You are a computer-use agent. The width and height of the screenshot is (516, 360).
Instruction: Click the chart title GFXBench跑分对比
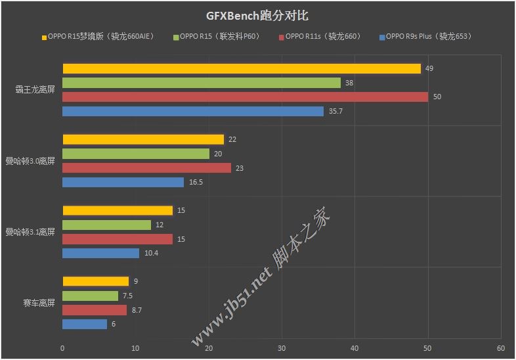[258, 16]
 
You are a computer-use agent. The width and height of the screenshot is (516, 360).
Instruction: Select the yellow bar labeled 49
[241, 68]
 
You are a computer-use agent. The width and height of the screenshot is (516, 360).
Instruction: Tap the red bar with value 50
[245, 97]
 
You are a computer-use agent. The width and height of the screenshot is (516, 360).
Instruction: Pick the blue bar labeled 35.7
[193, 111]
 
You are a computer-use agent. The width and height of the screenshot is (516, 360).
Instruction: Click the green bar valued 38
[201, 83]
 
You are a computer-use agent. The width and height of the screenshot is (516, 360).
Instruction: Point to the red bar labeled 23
[146, 168]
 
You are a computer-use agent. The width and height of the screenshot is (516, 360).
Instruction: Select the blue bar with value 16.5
[123, 182]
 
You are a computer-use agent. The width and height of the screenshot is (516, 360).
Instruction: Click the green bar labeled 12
[106, 225]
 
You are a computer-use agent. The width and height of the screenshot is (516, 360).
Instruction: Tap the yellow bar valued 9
[95, 281]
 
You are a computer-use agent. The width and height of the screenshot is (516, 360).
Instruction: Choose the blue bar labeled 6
[84, 324]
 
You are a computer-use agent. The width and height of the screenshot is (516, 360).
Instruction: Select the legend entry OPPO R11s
[322, 37]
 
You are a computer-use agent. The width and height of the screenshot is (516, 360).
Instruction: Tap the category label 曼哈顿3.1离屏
[30, 232]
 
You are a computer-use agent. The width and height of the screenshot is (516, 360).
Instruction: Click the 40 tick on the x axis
[355, 348]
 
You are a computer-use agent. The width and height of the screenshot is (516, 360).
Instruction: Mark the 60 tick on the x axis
[500, 348]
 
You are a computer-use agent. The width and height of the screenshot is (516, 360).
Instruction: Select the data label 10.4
[151, 254]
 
